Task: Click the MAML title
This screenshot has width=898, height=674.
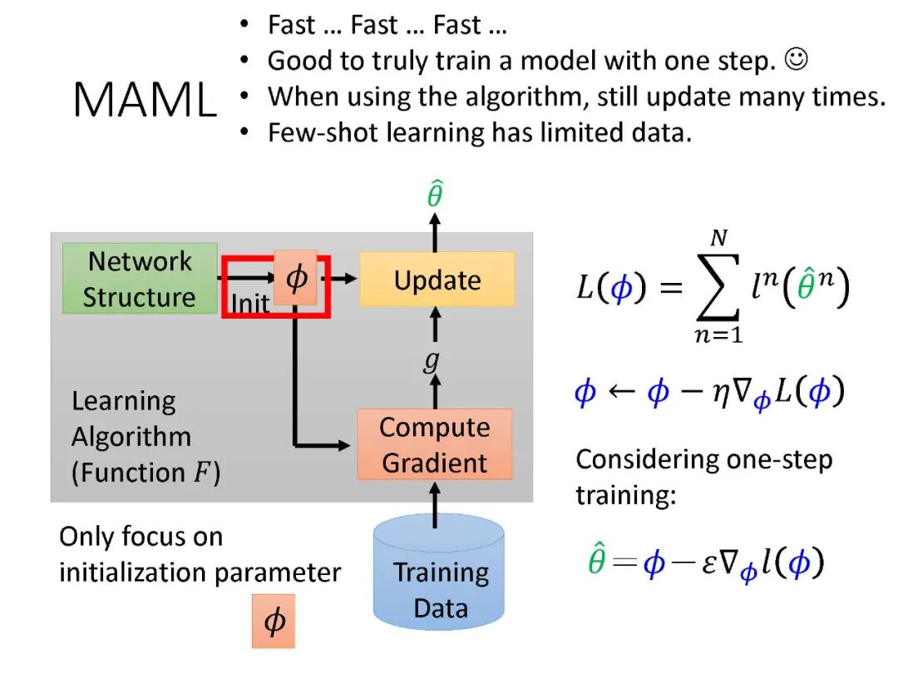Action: click(145, 101)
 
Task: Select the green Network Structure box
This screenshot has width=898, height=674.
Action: click(140, 279)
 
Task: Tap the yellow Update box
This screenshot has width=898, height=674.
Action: click(437, 280)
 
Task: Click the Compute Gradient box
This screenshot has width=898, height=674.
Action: click(434, 444)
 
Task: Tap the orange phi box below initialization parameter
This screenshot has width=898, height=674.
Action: click(274, 621)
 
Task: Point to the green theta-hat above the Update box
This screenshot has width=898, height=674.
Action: click(434, 196)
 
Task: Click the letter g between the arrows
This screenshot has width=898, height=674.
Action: click(431, 363)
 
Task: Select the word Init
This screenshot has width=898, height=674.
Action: click(250, 304)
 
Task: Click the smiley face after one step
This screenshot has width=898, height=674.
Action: click(797, 60)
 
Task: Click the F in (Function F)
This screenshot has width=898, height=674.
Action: click(201, 473)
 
